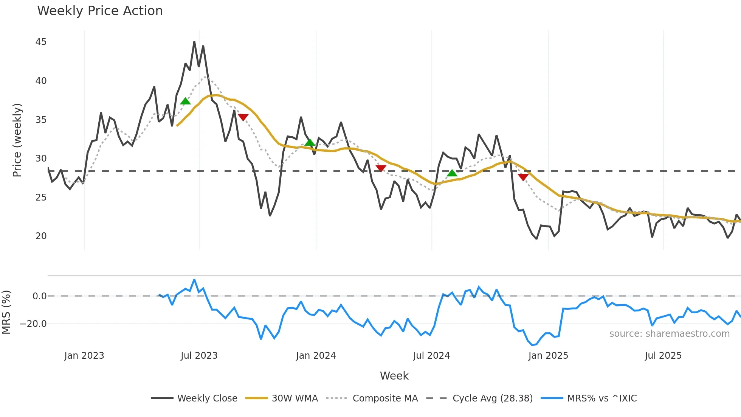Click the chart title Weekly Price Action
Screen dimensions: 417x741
[x=100, y=11]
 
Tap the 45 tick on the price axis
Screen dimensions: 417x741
[x=41, y=42]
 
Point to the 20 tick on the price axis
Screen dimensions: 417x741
[x=41, y=236]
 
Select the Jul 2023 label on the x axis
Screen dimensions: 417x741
[x=199, y=356]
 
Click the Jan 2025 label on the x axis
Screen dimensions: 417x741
[x=548, y=356]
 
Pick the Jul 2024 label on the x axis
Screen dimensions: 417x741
[x=431, y=356]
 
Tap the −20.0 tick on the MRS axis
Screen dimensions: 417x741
[x=33, y=324]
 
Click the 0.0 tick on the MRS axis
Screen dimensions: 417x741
[x=39, y=296]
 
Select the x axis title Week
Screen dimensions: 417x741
[x=394, y=376]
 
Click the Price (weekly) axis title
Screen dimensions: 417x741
[x=17, y=140]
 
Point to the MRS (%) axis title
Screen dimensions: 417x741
[x=6, y=312]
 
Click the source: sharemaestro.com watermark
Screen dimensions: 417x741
[x=669, y=334]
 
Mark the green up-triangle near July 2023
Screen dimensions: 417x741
[x=185, y=101]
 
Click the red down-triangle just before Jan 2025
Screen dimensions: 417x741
[x=523, y=177]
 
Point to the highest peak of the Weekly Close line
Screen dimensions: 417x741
[x=194, y=42]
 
